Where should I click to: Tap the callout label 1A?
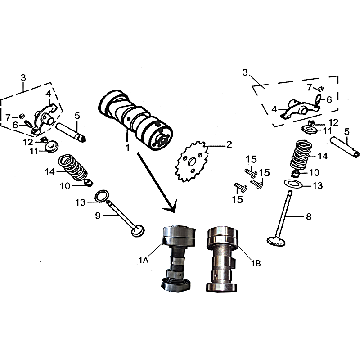coord(144,261)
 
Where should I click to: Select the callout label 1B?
coord(256,263)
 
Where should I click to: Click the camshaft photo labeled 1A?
coord(178,258)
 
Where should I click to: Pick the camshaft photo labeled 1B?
coord(221,259)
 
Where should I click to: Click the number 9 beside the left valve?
coord(98,216)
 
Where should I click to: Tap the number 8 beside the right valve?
coord(309,216)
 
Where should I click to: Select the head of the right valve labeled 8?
coord(276,241)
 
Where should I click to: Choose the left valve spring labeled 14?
coord(73,167)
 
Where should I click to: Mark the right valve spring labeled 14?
coord(301,154)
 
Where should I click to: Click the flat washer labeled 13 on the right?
coord(293,184)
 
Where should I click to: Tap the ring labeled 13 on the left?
coord(101,196)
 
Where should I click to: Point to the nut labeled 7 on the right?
coord(321,88)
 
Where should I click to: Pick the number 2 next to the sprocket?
coord(229,144)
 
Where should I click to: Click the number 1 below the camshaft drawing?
coord(128,148)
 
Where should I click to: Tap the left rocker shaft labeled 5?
coord(71,133)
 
